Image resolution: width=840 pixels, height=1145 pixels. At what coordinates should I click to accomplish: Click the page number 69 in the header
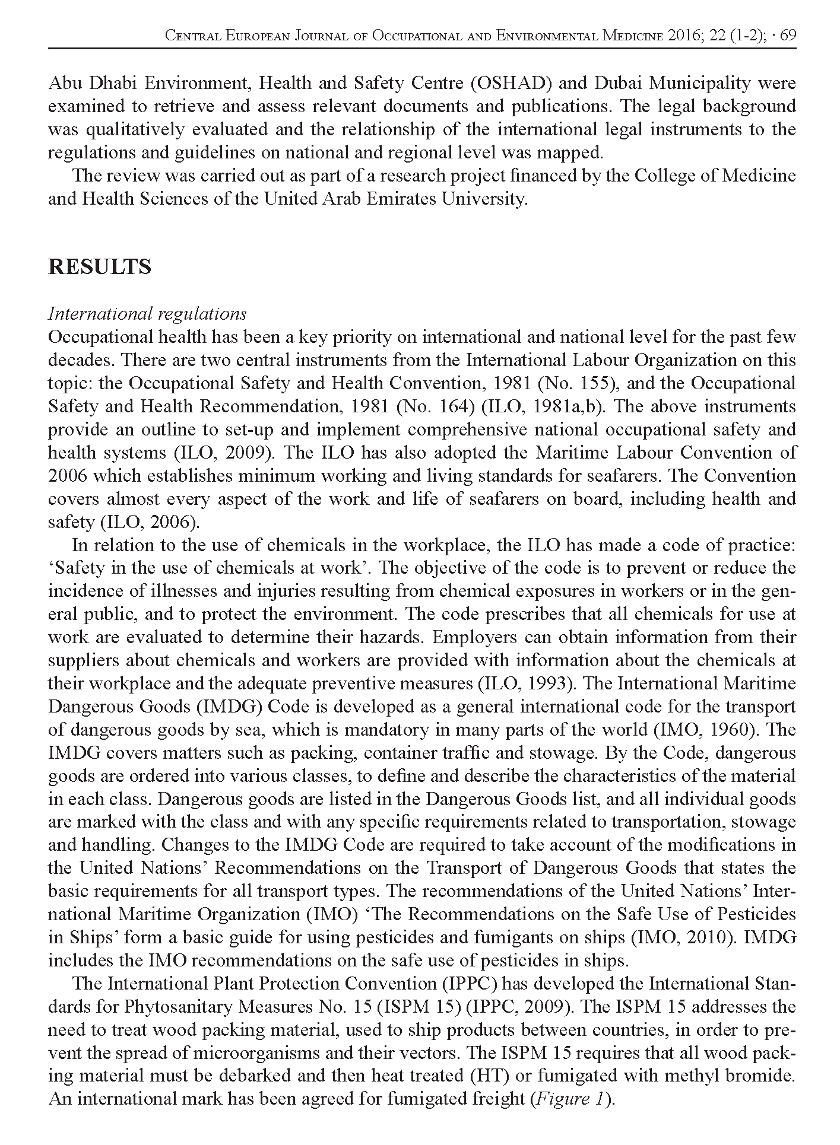click(x=787, y=36)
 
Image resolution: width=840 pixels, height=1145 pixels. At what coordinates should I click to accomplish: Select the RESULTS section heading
click(x=99, y=267)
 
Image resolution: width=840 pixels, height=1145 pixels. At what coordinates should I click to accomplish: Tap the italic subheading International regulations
click(x=147, y=313)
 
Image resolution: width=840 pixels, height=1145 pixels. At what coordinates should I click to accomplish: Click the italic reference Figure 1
click(x=571, y=1099)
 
